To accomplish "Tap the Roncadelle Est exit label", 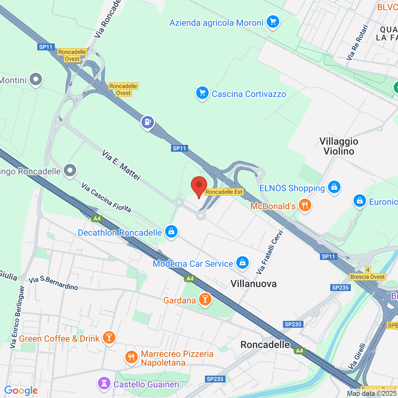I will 224,192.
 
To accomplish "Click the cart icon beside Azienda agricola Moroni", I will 273,22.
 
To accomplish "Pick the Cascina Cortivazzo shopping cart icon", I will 202,93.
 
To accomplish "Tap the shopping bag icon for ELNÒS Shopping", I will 334,187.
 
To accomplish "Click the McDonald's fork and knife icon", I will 304,205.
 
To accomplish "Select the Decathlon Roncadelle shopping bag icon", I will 171,232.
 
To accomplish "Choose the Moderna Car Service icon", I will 242,263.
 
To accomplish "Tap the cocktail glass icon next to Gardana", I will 205,299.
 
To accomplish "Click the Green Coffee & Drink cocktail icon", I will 109,338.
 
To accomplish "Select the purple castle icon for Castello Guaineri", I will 104,384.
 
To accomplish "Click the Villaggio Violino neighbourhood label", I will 339,146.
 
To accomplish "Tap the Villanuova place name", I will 253,284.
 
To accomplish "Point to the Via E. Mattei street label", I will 121,165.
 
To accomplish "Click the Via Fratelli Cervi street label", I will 270,252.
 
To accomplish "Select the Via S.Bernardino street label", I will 53,283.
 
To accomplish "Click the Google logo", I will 21,391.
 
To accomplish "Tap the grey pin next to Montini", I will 35,80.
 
